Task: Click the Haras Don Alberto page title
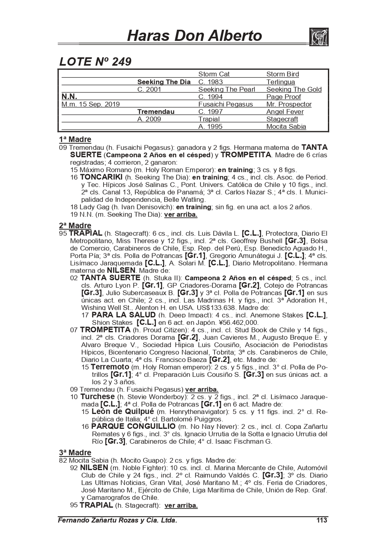(x=194, y=36)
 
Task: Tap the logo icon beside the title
(x=318, y=37)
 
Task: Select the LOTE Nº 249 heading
(x=96, y=62)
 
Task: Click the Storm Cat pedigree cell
(x=214, y=74)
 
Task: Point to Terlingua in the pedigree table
(x=280, y=82)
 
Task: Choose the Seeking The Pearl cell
(x=226, y=90)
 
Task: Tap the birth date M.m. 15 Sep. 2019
(x=90, y=104)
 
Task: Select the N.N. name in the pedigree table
(x=69, y=97)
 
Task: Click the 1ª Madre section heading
(x=75, y=140)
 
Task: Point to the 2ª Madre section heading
(x=75, y=226)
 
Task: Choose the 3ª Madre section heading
(x=75, y=453)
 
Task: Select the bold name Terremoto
(x=110, y=367)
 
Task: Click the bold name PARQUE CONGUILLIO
(x=133, y=426)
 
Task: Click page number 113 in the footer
(x=321, y=520)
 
